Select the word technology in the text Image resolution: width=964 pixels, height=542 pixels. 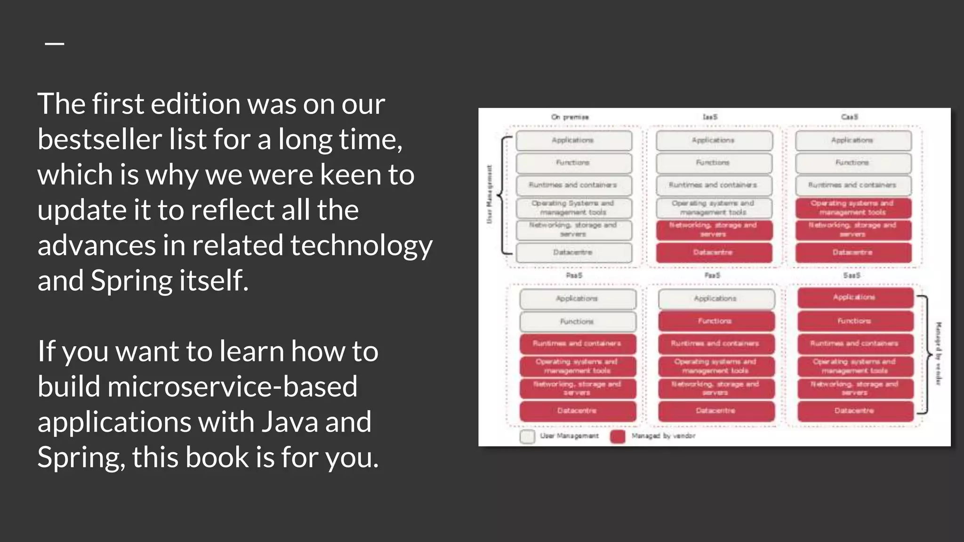[x=361, y=245]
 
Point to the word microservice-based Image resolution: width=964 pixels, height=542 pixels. [x=232, y=386]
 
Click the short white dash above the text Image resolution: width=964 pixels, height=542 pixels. [x=55, y=44]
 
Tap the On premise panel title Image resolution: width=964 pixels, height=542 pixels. [x=570, y=117]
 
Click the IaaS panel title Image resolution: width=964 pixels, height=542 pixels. [x=710, y=117]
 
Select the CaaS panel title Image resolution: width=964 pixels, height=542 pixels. [x=850, y=117]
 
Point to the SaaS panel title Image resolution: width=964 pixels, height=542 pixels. [x=852, y=276]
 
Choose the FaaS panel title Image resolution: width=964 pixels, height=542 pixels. [x=712, y=276]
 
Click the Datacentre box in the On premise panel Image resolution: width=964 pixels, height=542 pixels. [x=573, y=253]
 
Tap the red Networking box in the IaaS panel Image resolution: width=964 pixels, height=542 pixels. [x=714, y=230]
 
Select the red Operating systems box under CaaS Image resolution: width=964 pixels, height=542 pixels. [x=852, y=207]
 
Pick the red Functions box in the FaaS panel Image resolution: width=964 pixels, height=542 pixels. [x=715, y=321]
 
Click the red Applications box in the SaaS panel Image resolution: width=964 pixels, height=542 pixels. [x=855, y=297]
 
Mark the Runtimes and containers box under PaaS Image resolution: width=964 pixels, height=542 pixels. [x=577, y=343]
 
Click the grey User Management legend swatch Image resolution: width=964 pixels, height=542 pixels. [x=527, y=436]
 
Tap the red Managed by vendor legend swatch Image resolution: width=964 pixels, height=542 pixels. [x=618, y=436]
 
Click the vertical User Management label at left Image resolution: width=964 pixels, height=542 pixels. [x=489, y=194]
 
